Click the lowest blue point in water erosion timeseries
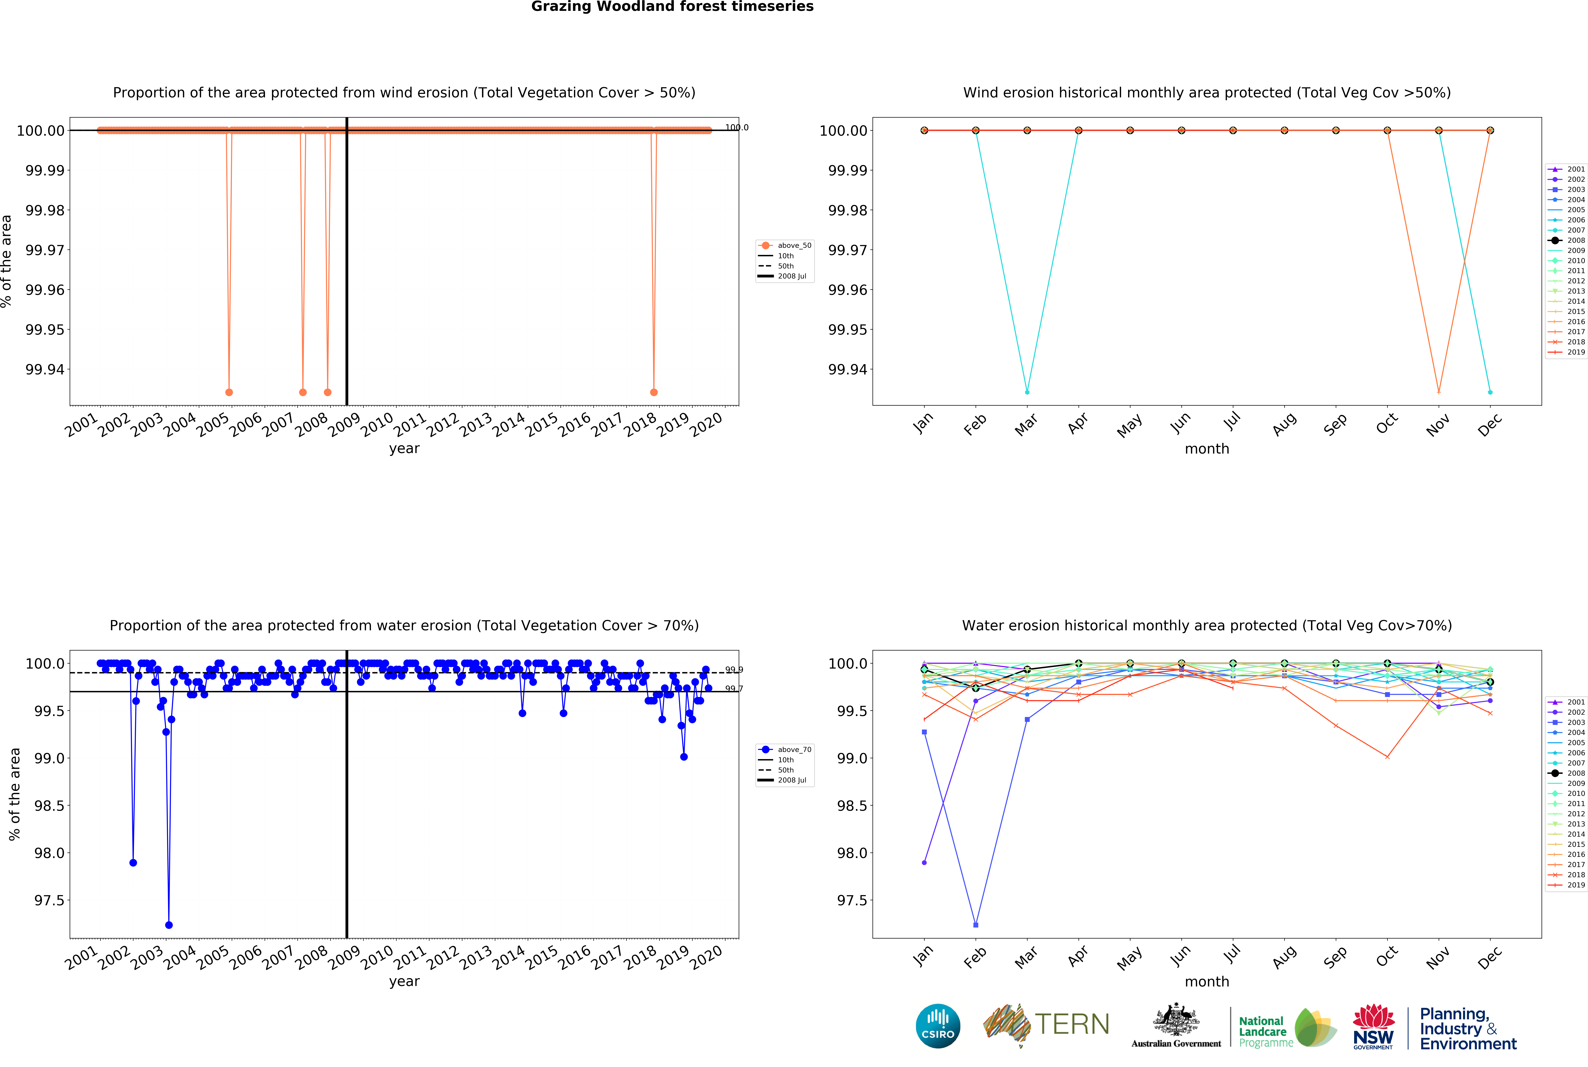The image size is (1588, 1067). [169, 925]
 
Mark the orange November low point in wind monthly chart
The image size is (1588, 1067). [1438, 392]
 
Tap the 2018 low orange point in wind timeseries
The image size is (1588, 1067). [654, 392]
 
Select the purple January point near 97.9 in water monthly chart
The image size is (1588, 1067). [924, 862]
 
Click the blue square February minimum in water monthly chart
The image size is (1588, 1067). [976, 925]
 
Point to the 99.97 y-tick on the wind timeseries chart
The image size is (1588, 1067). [45, 250]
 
